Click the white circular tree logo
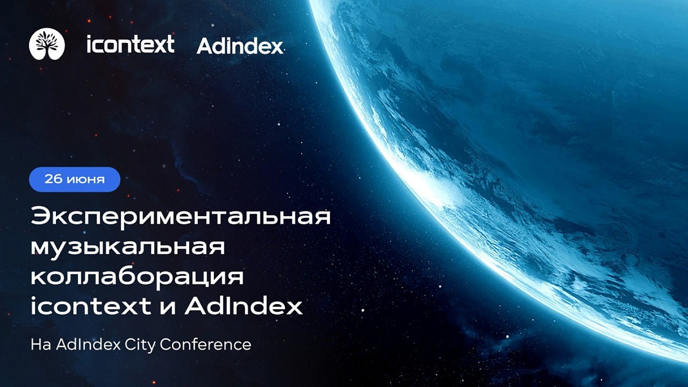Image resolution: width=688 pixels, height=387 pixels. pyautogui.click(x=47, y=44)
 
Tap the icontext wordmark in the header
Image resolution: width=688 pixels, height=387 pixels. pyautogui.click(x=130, y=44)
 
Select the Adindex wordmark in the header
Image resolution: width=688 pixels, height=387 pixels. pyautogui.click(x=240, y=46)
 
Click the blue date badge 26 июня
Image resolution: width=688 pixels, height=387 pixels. pyautogui.click(x=74, y=179)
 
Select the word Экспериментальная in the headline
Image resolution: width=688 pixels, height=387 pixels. pyautogui.click(x=181, y=217)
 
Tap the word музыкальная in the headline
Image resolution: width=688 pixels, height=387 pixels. pyautogui.click(x=128, y=248)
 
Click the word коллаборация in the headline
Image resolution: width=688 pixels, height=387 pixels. pyautogui.click(x=137, y=277)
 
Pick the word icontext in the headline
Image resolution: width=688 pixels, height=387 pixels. pyautogui.click(x=91, y=306)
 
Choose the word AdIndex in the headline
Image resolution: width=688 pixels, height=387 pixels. pyautogui.click(x=244, y=306)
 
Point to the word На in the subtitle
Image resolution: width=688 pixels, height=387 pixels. pyautogui.click(x=41, y=345)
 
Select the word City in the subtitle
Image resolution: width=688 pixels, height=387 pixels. pyautogui.click(x=141, y=345)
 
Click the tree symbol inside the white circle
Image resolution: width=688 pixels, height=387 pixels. pyautogui.click(x=47, y=43)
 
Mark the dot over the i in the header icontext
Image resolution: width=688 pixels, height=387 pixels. pyautogui.click(x=90, y=37)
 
